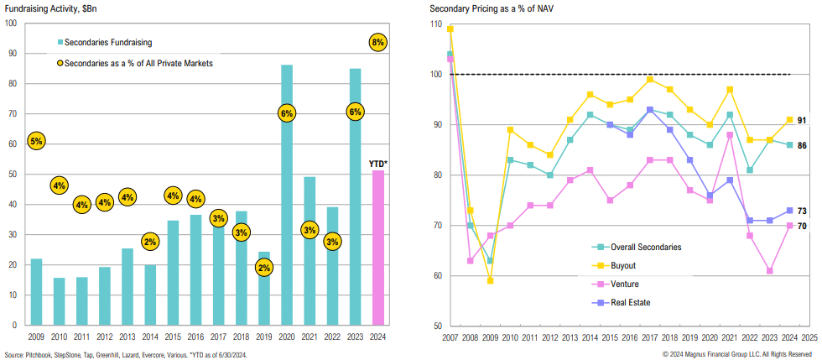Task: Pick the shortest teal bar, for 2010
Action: [x=59, y=301]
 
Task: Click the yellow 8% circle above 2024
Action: [x=377, y=42]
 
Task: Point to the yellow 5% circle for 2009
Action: [x=36, y=142]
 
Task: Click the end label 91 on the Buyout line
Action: [x=801, y=120]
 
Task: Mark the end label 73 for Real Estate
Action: [x=801, y=211]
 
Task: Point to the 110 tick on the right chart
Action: [x=437, y=24]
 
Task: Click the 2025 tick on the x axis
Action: [x=809, y=336]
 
